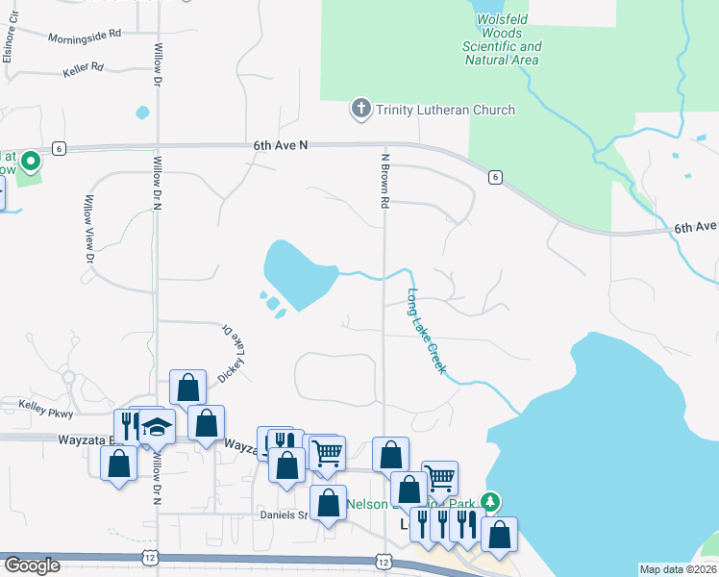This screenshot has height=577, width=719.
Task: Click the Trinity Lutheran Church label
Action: coord(445,110)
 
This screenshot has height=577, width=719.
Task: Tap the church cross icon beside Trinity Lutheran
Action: coord(361,109)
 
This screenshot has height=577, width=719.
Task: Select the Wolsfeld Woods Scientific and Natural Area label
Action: coord(502,46)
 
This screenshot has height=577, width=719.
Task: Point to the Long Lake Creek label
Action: coord(427,332)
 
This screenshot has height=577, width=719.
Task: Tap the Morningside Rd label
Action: coord(85,35)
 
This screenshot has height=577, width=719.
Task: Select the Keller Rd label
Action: coord(83,69)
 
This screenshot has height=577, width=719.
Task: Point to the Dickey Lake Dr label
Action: coord(232,352)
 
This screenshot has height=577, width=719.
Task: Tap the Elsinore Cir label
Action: coord(7,43)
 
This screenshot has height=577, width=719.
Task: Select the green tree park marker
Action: coord(490,501)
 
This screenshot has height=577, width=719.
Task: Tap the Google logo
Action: coord(32,565)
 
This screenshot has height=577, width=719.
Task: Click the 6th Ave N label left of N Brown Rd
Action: coord(280,144)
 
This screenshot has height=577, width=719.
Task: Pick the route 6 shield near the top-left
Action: coord(59,148)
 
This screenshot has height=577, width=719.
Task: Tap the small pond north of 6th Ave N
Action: coord(143,113)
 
